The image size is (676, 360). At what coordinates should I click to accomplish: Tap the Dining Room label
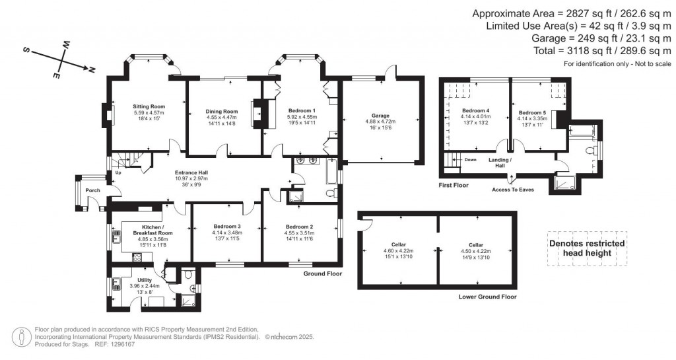221,112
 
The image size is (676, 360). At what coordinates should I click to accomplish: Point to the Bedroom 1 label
301,110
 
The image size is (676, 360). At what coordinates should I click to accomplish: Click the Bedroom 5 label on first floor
531,113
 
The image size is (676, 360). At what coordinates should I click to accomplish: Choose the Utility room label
144,280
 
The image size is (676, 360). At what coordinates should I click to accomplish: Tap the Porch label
93,191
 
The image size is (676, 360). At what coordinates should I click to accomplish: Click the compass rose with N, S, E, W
61,61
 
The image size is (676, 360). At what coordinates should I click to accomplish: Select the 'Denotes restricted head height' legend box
587,248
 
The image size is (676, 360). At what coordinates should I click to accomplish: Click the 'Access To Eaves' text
512,190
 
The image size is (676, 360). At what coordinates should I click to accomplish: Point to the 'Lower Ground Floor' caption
487,297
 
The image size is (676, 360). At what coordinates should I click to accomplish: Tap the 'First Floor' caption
454,186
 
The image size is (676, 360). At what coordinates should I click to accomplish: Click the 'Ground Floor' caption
322,273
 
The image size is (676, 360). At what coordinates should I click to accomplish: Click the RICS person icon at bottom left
23,336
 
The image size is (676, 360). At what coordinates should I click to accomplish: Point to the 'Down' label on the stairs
471,160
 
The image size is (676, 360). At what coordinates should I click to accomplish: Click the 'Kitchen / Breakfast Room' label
152,229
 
